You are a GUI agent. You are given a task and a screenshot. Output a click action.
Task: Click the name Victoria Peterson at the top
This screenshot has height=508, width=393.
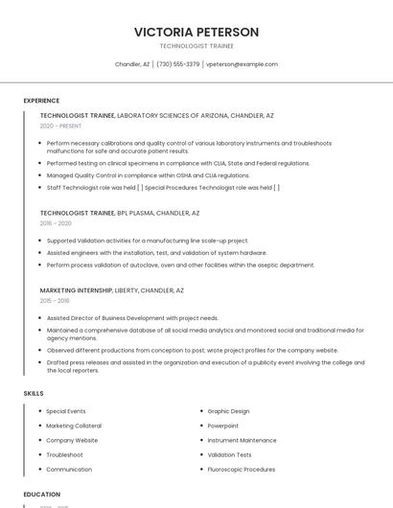(x=196, y=32)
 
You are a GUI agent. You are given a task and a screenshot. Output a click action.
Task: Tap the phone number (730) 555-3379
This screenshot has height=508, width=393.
(x=177, y=64)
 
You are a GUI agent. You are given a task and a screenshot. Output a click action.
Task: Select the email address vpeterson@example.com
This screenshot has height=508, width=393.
(x=243, y=64)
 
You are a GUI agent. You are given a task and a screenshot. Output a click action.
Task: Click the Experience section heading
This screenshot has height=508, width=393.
(x=41, y=101)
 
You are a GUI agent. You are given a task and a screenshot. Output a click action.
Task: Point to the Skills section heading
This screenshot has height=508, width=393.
(x=34, y=393)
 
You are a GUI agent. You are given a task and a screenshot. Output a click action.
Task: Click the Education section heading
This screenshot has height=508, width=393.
(x=41, y=495)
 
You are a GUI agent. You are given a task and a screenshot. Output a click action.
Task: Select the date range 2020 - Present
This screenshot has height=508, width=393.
(x=60, y=127)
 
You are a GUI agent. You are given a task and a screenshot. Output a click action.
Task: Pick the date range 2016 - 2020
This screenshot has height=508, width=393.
(x=56, y=223)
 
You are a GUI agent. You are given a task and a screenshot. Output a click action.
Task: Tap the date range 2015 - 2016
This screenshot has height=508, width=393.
(x=55, y=300)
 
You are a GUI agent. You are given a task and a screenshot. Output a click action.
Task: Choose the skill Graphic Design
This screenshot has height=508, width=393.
(x=228, y=411)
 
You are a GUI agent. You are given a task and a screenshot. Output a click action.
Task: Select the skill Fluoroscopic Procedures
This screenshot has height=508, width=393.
(x=242, y=470)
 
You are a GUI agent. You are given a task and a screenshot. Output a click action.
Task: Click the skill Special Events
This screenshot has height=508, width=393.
(x=66, y=411)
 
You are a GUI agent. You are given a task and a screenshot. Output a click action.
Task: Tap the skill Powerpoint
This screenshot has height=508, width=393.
(x=223, y=426)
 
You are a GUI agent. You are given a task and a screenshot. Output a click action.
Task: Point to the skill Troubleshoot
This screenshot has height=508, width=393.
(x=64, y=455)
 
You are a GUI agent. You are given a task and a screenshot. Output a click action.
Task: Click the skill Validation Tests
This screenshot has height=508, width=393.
(x=230, y=455)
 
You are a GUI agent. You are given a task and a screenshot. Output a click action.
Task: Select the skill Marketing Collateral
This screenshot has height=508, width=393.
(x=74, y=426)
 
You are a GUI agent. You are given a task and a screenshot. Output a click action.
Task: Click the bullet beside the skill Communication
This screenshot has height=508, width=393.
(x=39, y=470)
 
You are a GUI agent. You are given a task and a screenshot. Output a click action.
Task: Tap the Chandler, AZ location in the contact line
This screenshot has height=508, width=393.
(x=132, y=64)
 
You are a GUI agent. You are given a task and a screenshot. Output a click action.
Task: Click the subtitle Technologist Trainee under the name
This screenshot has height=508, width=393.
(x=196, y=46)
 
